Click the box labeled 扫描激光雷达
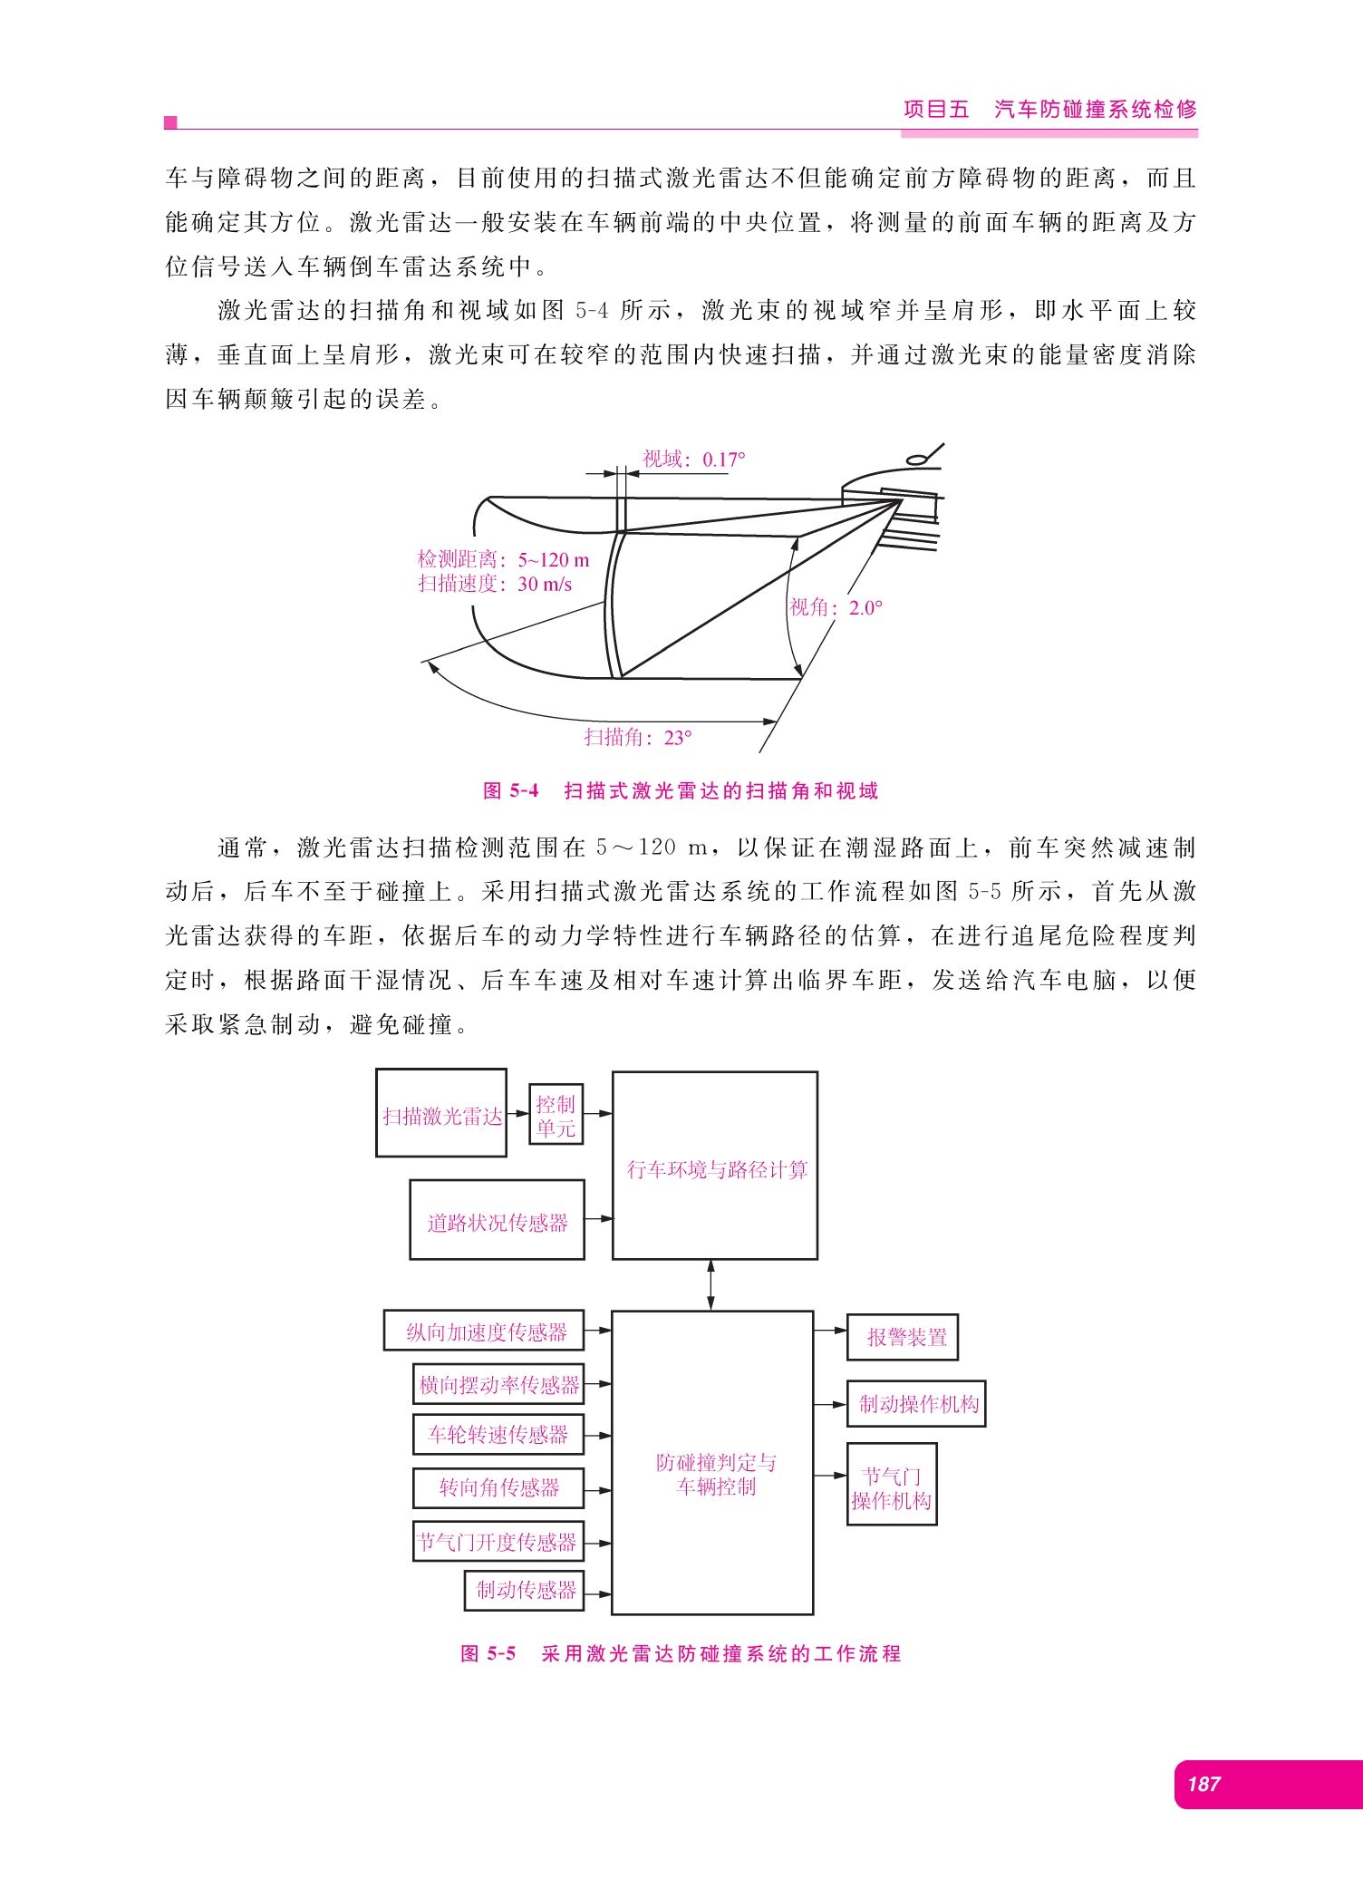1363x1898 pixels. pyautogui.click(x=441, y=1113)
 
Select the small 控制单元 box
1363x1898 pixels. pyautogui.click(x=556, y=1115)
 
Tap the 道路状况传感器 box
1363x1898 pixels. pyautogui.click(x=497, y=1220)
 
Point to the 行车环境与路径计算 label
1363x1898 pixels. pyautogui.click(x=717, y=1170)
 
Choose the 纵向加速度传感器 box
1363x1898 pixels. pyautogui.click(x=484, y=1331)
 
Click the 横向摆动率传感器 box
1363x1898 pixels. pyautogui.click(x=498, y=1384)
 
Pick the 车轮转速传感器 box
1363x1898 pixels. pyautogui.click(x=498, y=1435)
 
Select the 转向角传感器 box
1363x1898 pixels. pyautogui.click(x=498, y=1487)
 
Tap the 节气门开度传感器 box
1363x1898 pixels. pyautogui.click(x=498, y=1541)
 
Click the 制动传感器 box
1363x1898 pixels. pyautogui.click(x=524, y=1591)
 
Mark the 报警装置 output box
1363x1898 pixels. pyautogui.click(x=903, y=1338)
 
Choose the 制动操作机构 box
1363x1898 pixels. pyautogui.click(x=916, y=1404)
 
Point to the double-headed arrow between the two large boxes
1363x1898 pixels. pyautogui.click(x=710, y=1285)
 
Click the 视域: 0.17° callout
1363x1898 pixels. pyautogui.click(x=694, y=460)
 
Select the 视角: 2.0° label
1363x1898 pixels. pyautogui.click(x=836, y=607)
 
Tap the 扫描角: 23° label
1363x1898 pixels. pyautogui.click(x=638, y=738)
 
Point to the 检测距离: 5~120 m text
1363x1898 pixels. pyautogui.click(x=503, y=559)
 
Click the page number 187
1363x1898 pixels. pyautogui.click(x=1203, y=1784)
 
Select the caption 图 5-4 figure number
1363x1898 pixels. pyautogui.click(x=511, y=791)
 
